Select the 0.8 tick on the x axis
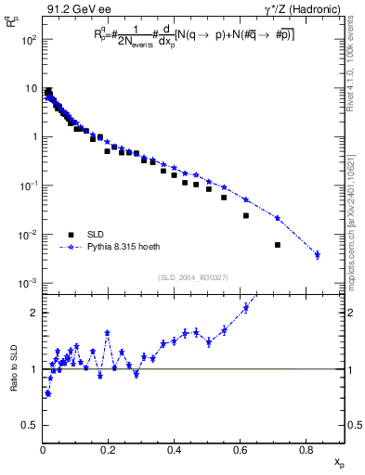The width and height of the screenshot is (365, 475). click(306, 451)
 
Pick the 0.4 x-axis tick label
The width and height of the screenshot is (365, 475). click(175, 451)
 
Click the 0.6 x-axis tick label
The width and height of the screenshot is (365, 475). click(241, 451)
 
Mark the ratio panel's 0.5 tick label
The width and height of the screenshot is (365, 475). click(30, 425)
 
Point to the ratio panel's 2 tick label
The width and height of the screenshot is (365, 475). click(33, 313)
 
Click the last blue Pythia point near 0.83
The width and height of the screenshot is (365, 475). click(318, 254)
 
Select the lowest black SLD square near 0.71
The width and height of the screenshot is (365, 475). click(278, 245)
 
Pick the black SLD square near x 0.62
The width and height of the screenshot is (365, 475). click(246, 215)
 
